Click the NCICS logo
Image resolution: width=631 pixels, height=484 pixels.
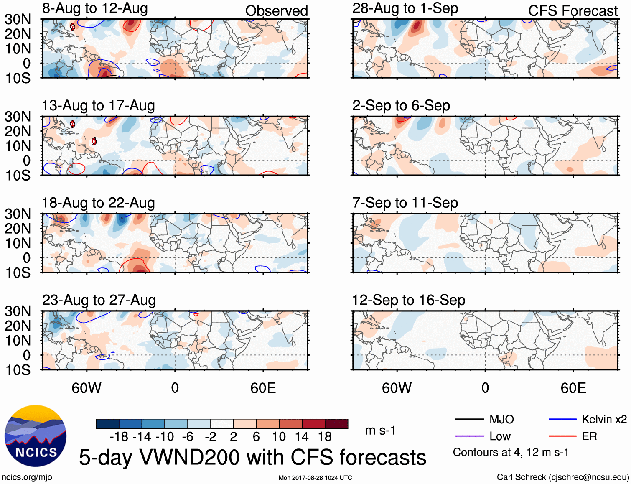(x=36, y=436)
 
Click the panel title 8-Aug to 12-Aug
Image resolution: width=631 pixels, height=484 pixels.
(x=95, y=8)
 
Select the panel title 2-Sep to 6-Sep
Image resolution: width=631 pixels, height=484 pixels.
(x=401, y=106)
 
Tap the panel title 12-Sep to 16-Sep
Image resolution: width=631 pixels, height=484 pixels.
(x=408, y=300)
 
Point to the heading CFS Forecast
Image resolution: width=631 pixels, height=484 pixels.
(x=572, y=11)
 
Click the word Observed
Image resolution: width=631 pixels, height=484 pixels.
(x=276, y=11)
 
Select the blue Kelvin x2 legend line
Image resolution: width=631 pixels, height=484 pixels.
(x=562, y=419)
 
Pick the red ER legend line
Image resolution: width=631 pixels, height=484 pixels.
(x=562, y=436)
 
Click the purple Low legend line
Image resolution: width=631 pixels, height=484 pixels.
(x=469, y=436)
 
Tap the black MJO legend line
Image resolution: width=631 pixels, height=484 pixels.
(x=469, y=419)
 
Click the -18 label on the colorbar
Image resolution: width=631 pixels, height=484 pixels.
(x=119, y=437)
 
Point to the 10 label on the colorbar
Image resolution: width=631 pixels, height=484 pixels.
(x=279, y=437)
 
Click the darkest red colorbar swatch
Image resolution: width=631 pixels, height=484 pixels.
(x=336, y=424)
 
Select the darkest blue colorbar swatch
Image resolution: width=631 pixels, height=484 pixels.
(x=107, y=424)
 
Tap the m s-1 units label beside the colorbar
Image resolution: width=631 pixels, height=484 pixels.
(x=380, y=431)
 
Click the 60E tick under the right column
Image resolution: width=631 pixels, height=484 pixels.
(x=573, y=388)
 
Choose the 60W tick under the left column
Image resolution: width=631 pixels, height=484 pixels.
(x=87, y=388)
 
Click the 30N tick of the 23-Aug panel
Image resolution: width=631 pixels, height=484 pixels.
(x=18, y=311)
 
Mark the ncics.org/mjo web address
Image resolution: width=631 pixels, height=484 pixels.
(x=27, y=477)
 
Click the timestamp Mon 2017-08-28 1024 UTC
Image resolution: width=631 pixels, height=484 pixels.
(x=315, y=478)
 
